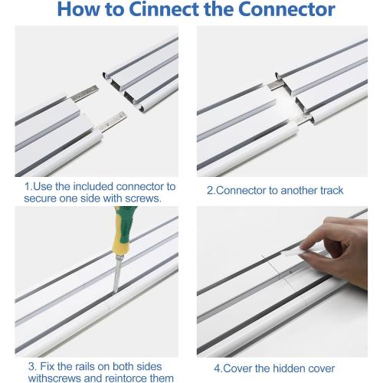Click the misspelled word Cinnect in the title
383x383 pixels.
165,9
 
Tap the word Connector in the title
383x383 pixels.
286,9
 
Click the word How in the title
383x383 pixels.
79,9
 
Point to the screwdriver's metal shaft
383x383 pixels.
118,274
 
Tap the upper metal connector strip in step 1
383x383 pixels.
84,93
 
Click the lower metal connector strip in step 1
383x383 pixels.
112,122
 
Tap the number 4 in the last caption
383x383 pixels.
217,368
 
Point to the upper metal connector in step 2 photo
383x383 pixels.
275,85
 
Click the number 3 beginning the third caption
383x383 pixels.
31,366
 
